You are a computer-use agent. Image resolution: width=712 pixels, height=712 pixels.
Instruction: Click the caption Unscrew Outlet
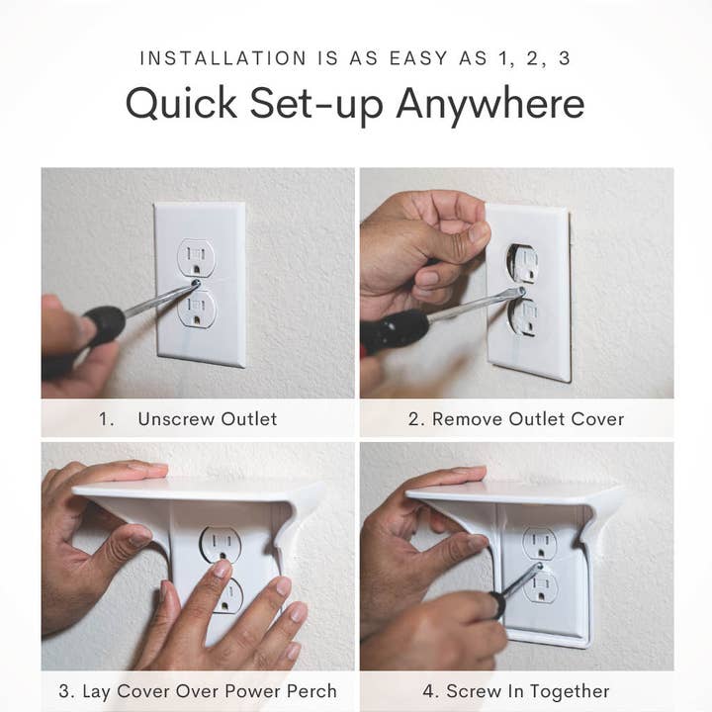(x=207, y=418)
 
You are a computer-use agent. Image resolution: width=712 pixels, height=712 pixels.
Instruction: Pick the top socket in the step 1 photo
(x=197, y=258)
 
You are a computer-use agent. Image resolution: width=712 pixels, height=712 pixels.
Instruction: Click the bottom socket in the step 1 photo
(x=197, y=309)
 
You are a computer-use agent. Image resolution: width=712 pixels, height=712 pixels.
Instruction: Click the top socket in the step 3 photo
(x=220, y=544)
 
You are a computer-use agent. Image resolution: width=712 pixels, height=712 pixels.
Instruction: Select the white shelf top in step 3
(x=198, y=489)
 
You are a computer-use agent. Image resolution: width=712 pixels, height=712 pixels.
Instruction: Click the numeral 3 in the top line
(x=564, y=57)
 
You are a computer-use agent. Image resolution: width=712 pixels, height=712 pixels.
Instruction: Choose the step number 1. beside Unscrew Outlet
(x=107, y=418)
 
